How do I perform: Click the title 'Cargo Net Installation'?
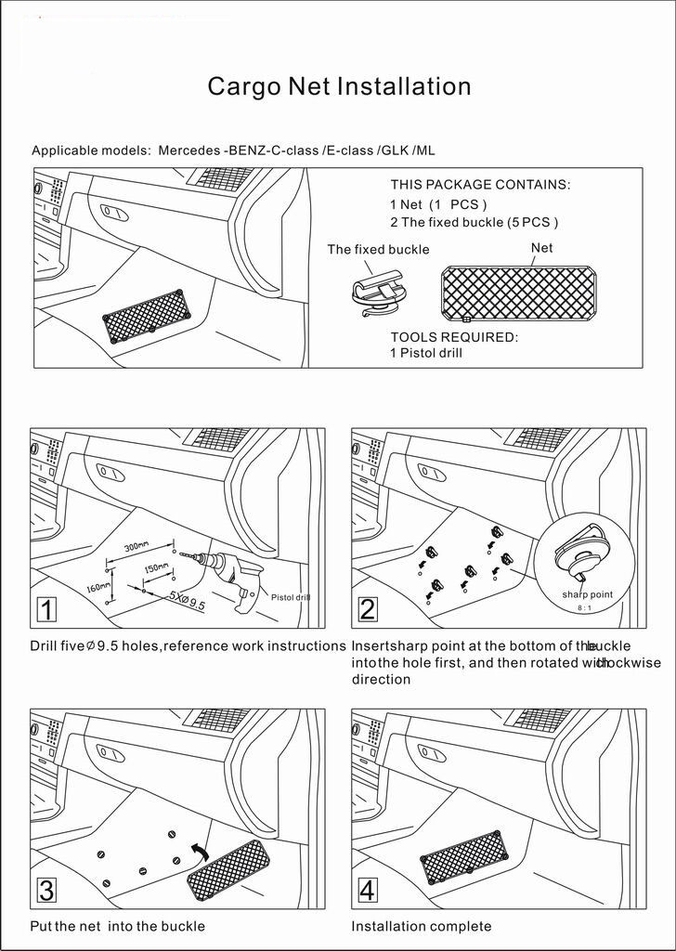pyautogui.click(x=339, y=87)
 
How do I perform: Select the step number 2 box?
pyautogui.click(x=368, y=610)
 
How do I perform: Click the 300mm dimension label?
pyautogui.click(x=136, y=545)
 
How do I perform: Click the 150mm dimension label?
pyautogui.click(x=155, y=567)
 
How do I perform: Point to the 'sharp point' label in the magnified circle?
pyautogui.click(x=587, y=594)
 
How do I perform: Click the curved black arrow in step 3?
pyautogui.click(x=198, y=852)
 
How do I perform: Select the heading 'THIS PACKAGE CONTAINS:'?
pyautogui.click(x=480, y=185)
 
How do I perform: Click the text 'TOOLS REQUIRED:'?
pyautogui.click(x=454, y=337)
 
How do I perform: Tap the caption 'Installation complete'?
pyautogui.click(x=422, y=926)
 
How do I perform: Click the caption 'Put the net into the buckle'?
pyautogui.click(x=117, y=926)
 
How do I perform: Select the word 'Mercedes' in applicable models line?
pyautogui.click(x=188, y=150)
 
